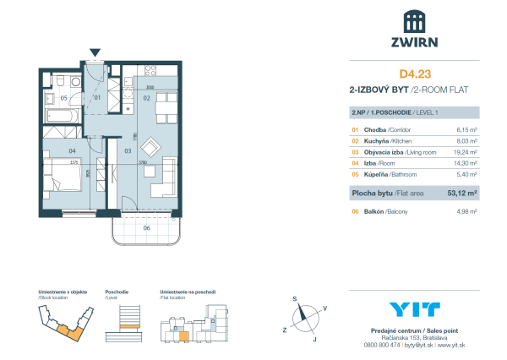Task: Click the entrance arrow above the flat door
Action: point(95,53)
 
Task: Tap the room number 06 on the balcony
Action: point(145,227)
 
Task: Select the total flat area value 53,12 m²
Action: point(462,193)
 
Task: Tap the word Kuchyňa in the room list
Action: point(379,141)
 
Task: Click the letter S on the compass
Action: point(295,299)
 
